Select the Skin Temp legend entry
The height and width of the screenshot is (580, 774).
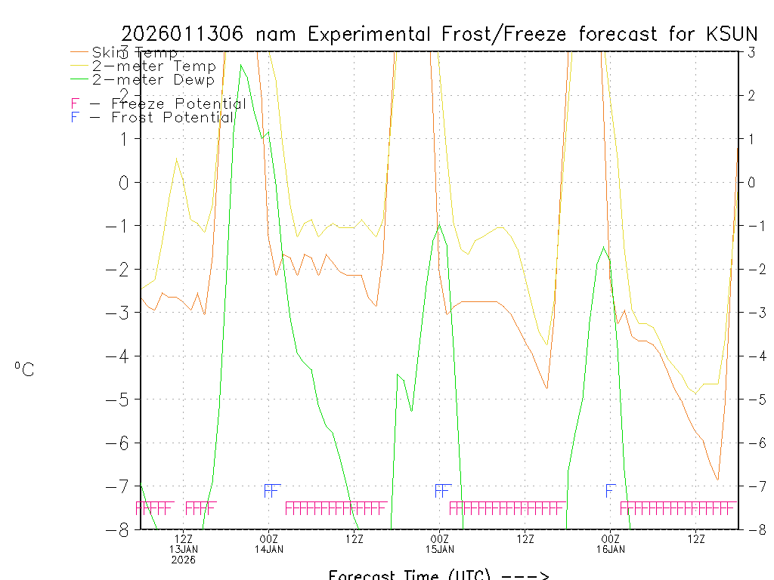[135, 53]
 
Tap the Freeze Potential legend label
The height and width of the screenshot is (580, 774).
[178, 103]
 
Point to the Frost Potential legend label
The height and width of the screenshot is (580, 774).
[172, 117]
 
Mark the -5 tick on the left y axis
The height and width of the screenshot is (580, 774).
[120, 400]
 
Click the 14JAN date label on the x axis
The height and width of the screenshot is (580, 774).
[269, 549]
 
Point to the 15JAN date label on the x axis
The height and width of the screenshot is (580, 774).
[440, 549]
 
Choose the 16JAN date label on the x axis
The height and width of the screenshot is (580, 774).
[611, 549]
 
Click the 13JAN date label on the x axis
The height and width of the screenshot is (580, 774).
[184, 549]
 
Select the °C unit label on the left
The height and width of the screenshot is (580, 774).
[24, 369]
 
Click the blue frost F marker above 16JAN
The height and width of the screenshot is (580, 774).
[611, 491]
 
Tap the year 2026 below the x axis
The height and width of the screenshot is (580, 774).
[184, 560]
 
